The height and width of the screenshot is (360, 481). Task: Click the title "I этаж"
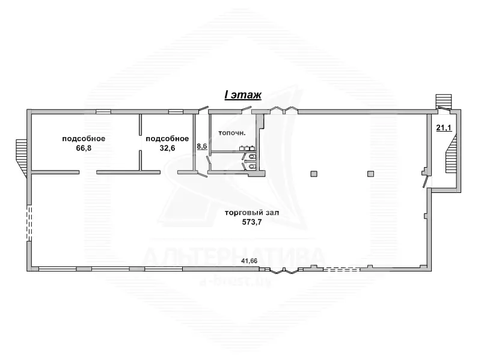243,95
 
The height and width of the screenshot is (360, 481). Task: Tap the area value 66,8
84,148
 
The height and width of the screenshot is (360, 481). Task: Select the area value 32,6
167,148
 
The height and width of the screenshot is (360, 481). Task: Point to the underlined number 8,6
202,146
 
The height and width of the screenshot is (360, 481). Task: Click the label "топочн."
232,133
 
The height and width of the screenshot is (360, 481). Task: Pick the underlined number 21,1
444,127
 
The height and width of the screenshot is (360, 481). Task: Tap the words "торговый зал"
252,213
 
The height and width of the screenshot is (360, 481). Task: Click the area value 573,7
252,222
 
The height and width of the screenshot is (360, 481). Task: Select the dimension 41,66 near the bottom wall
249,261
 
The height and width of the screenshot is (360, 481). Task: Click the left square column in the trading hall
314,174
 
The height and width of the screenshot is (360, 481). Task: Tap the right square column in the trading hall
370,174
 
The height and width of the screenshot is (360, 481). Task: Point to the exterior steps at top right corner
444,102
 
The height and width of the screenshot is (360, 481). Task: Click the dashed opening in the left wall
29,223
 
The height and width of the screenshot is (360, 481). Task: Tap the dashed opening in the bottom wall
341,270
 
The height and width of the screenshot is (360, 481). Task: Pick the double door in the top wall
284,109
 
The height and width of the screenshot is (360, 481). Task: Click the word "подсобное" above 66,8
84,139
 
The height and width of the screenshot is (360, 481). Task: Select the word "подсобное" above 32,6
167,139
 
